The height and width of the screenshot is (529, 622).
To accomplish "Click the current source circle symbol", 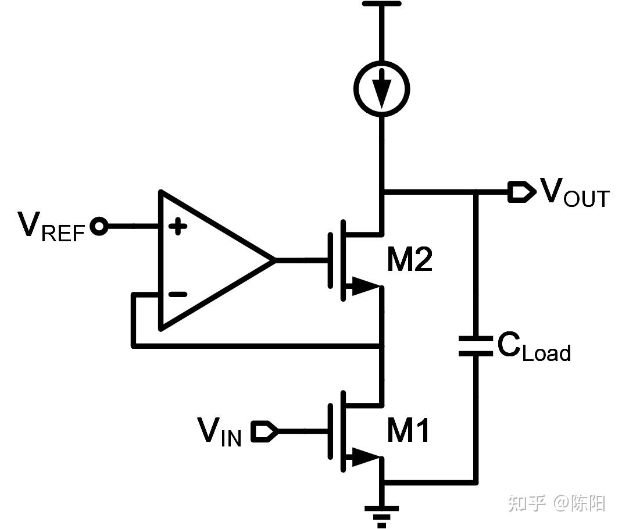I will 382,89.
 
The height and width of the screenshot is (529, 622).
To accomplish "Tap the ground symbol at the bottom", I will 382,514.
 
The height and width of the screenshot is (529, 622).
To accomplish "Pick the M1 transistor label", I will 409,431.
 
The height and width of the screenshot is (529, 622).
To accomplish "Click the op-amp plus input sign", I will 178,227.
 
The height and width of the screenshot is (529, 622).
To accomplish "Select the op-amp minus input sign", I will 177,295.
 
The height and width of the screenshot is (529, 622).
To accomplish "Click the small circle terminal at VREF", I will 100,226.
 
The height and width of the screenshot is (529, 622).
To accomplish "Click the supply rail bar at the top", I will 381,4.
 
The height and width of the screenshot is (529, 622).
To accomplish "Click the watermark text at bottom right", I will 556,503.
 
